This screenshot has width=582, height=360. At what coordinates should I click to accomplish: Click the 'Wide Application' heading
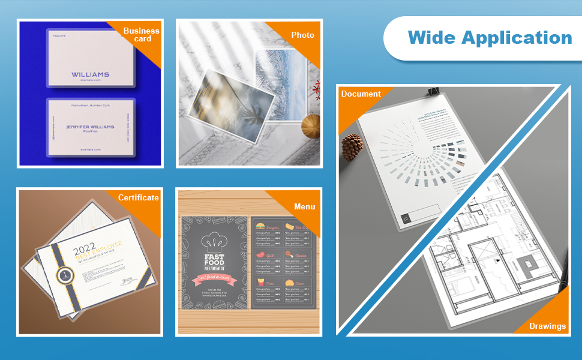(x=490, y=38)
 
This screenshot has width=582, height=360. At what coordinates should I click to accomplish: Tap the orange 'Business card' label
(x=141, y=35)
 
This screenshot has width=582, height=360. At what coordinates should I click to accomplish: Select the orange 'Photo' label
(x=302, y=35)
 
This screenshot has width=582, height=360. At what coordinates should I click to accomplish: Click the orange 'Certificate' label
(x=139, y=197)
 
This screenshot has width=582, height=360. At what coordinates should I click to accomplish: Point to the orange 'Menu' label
(x=304, y=207)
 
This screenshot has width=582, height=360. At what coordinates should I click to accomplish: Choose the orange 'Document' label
(x=361, y=94)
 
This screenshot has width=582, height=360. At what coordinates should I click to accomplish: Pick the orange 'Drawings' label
(x=547, y=326)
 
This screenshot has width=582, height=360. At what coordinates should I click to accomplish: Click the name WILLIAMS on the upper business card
(x=91, y=74)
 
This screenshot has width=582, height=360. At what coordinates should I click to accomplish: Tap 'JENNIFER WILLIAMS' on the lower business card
(x=90, y=127)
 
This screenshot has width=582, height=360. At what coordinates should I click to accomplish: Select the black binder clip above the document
(x=433, y=92)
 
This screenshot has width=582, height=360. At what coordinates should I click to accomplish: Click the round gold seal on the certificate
(x=65, y=275)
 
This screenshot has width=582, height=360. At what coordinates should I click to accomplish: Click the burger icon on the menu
(x=261, y=226)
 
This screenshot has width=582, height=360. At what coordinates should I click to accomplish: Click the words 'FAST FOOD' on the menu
(x=214, y=260)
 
